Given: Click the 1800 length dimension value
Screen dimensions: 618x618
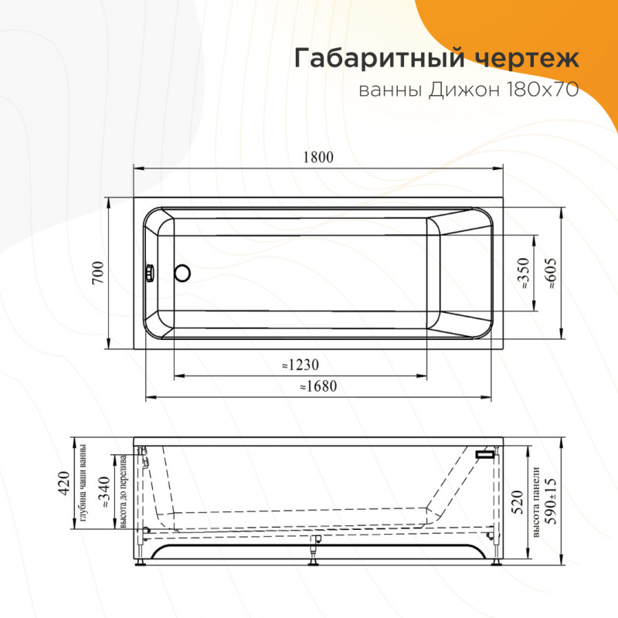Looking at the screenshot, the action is (318, 158).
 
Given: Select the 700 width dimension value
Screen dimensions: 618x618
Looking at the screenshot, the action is (97, 273).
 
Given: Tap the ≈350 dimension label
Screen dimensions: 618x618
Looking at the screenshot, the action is (524, 273).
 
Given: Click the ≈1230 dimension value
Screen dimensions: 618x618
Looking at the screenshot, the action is (301, 365).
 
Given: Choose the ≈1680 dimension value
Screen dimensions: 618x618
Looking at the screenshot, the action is (318, 386).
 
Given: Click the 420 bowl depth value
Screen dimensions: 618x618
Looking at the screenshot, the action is (64, 482).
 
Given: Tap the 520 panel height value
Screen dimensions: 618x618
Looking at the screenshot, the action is (519, 502).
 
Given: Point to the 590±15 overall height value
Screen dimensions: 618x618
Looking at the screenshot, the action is (551, 501).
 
